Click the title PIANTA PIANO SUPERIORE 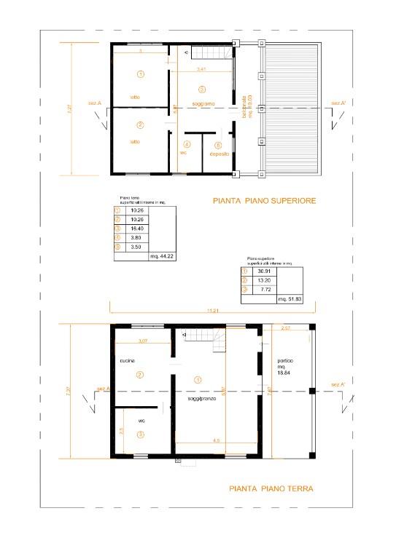(264, 199)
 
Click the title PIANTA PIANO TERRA (271, 488)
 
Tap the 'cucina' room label (129, 361)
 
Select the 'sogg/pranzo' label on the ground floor (198, 400)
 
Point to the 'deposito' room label (220, 154)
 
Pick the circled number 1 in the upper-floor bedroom (140, 74)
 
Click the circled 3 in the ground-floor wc (140, 435)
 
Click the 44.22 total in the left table (159, 256)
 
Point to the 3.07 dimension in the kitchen (142, 341)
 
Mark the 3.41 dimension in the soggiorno (202, 68)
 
